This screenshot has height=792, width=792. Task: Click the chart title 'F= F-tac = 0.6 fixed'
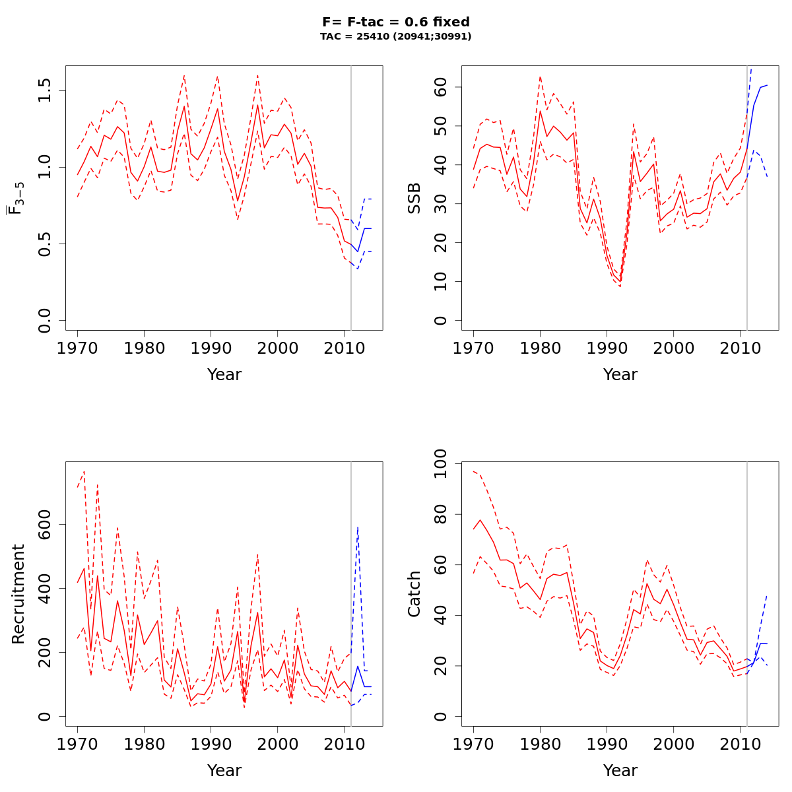pos(395,22)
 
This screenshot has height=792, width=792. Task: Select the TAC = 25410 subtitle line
pos(395,37)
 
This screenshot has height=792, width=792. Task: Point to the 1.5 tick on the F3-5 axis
pos(45,91)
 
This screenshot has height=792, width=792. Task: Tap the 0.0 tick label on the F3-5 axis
pos(45,320)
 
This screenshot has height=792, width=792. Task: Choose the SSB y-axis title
pos(414,198)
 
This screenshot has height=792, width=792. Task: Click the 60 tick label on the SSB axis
pos(441,87)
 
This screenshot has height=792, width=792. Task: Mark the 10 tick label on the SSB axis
pos(441,282)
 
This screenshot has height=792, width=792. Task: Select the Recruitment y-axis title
pos(18,594)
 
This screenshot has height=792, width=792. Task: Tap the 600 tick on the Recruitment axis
pos(45,524)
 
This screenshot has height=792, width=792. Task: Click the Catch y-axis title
pos(414,594)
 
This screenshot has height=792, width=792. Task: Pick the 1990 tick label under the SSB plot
pos(607,346)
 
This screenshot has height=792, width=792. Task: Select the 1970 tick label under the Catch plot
pos(473,742)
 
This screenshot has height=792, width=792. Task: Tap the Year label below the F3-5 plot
pos(224,375)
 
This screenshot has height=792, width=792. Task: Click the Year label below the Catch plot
pos(620,771)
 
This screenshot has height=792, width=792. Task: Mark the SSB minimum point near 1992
pos(620,282)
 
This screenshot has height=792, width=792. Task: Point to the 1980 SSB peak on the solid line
pos(540,110)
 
